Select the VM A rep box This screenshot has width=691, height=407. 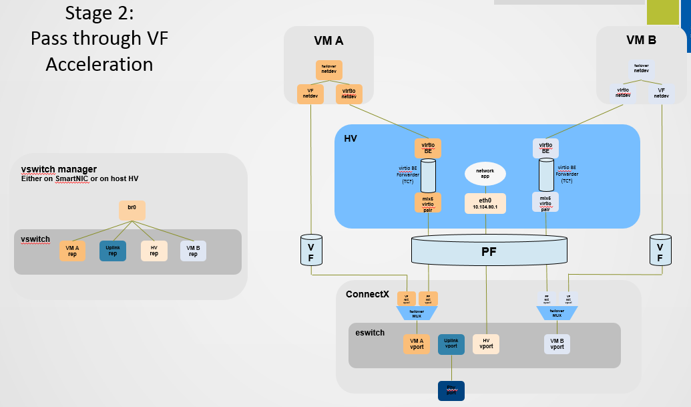pyautogui.click(x=72, y=251)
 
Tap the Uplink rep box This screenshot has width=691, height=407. pyautogui.click(x=112, y=251)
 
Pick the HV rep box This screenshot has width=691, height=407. pyautogui.click(x=154, y=251)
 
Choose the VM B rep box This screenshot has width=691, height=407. pyautogui.click(x=193, y=251)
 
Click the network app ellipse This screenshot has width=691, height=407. pyautogui.click(x=485, y=174)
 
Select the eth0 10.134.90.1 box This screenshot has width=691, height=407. pyautogui.click(x=485, y=204)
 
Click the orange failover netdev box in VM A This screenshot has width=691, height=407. pyautogui.click(x=328, y=70)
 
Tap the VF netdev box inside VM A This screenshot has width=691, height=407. pyautogui.click(x=310, y=94)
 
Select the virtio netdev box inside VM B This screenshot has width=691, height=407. pyautogui.click(x=623, y=93)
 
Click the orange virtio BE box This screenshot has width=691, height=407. pyautogui.click(x=428, y=148)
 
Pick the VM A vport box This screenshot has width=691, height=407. pyautogui.click(x=416, y=344)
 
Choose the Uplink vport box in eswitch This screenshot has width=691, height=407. pyautogui.click(x=451, y=344)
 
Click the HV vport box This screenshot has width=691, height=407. pyautogui.click(x=486, y=344)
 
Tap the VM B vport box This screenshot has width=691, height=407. pyautogui.click(x=557, y=344)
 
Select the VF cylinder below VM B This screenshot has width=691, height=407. pyautogui.click(x=660, y=249)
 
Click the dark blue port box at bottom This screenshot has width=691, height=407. pyautogui.click(x=451, y=390)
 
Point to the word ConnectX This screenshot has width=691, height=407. pyautogui.click(x=367, y=294)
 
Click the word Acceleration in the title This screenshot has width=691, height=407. pyautogui.click(x=99, y=64)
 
